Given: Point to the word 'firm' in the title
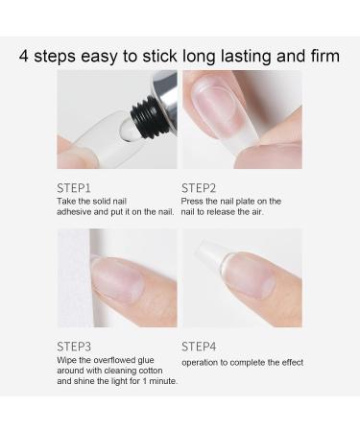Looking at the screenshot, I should pos(320,56).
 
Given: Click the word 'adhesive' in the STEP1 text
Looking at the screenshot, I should pos(80,211).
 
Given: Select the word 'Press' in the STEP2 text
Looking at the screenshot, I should pos(194,201).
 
